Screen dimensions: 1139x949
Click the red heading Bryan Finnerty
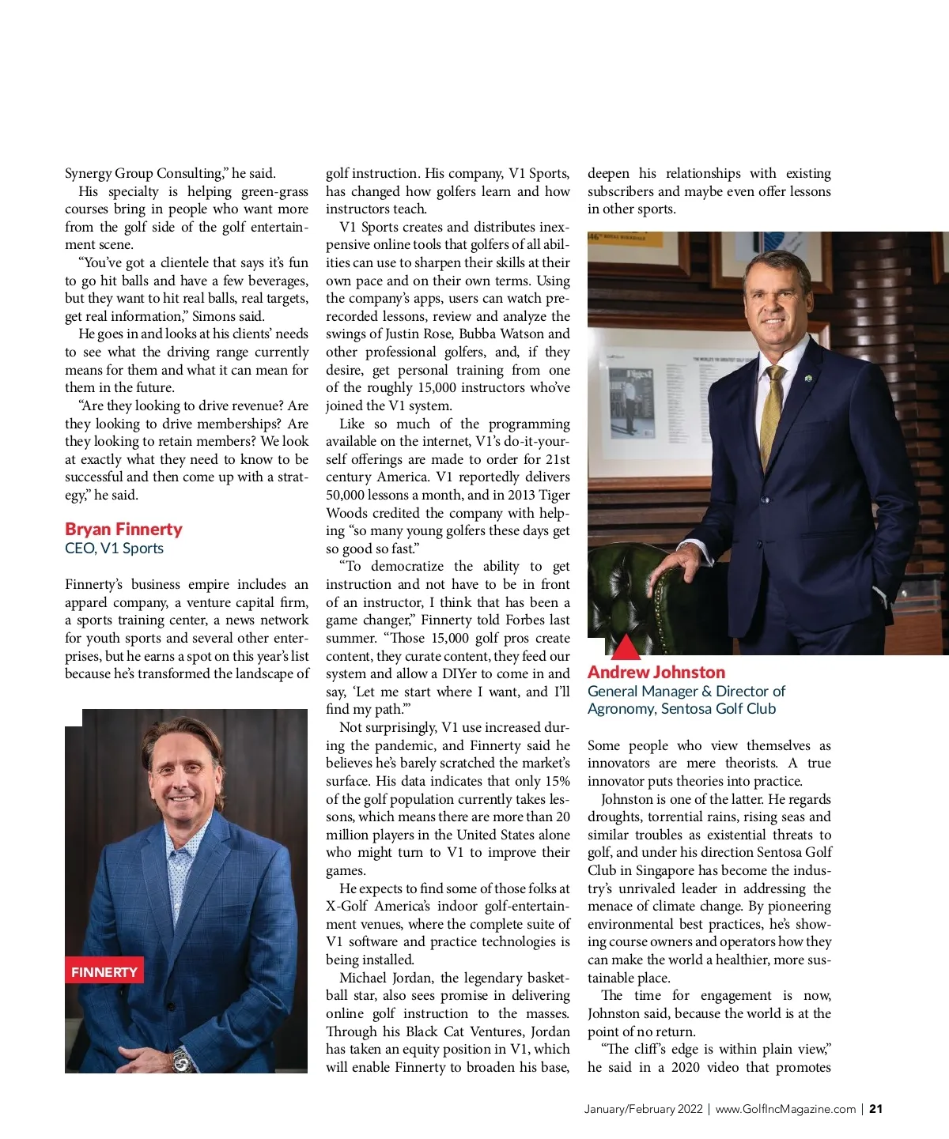pos(123,530)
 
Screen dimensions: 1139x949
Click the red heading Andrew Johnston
pos(656,673)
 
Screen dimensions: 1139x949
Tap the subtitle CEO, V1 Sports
pos(114,549)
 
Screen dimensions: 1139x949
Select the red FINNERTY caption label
pos(104,972)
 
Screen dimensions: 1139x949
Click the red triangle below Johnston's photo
pos(626,647)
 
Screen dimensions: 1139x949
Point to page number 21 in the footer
pos(875,1109)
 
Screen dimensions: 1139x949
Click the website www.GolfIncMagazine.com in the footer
pos(785,1109)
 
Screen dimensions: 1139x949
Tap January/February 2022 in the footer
pos(643,1109)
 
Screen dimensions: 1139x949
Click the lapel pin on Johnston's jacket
pos(807,378)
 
